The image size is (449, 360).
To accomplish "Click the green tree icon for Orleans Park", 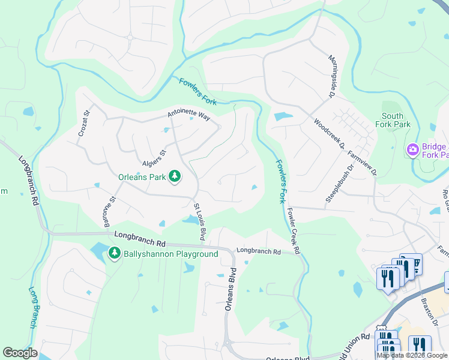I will [175, 176].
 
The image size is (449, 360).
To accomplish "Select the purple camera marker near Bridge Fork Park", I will [412, 149].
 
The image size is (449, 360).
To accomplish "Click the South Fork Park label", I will [396, 120].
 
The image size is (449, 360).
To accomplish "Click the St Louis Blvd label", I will [199, 222].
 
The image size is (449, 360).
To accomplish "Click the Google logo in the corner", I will [20, 353].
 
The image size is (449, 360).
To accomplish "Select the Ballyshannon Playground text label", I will [170, 254].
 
